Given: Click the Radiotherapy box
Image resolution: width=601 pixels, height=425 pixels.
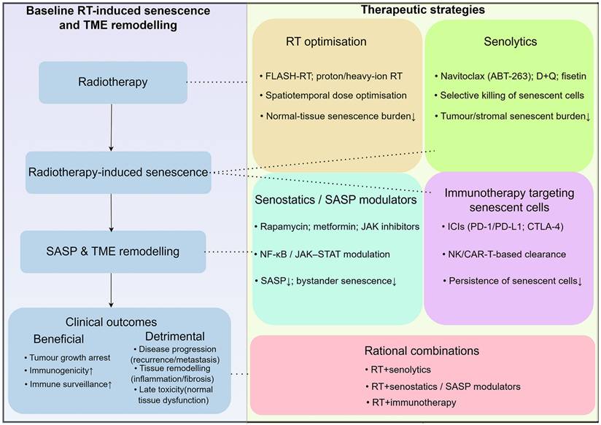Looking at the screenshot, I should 112,82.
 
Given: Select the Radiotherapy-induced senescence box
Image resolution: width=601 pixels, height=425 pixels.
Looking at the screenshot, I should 118,173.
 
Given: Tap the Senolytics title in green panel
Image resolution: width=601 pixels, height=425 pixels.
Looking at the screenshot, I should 510,42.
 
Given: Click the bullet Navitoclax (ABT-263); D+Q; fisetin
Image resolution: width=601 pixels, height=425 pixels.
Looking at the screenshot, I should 508,75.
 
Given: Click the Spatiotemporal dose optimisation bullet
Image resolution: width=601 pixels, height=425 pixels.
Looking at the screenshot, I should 326,95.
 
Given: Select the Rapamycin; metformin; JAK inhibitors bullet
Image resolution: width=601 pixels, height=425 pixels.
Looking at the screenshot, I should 337,227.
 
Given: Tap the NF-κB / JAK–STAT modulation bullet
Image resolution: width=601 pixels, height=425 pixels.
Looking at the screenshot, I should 324,254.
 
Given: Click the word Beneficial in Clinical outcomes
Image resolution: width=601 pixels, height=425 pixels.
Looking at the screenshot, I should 58,339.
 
